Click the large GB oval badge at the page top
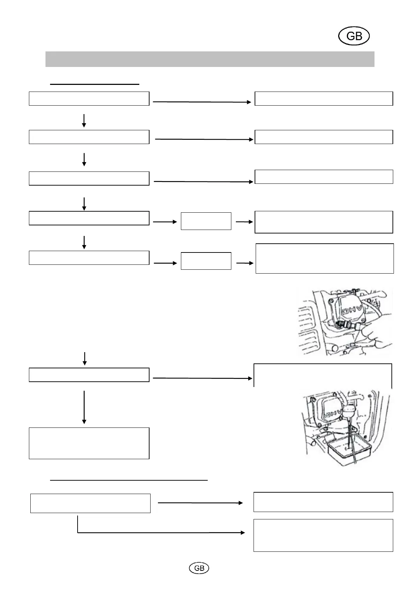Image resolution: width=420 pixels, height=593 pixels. [354, 36]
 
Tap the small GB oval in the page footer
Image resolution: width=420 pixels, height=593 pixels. [199, 568]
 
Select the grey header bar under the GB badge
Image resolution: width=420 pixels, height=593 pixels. [209, 59]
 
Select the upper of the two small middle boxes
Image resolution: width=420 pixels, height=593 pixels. [206, 221]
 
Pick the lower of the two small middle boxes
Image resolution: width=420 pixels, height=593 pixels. [206, 261]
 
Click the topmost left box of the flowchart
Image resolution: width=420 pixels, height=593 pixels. [89, 99]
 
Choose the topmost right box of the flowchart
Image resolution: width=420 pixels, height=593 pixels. [324, 99]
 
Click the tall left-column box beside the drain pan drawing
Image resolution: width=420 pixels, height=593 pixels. [89, 443]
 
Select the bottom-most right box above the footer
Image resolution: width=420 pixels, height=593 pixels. [323, 535]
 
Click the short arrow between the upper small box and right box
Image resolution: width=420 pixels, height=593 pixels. [244, 222]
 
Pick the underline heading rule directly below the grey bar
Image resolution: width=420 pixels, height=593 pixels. [95, 85]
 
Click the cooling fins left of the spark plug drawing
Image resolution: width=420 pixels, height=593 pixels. [309, 327]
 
